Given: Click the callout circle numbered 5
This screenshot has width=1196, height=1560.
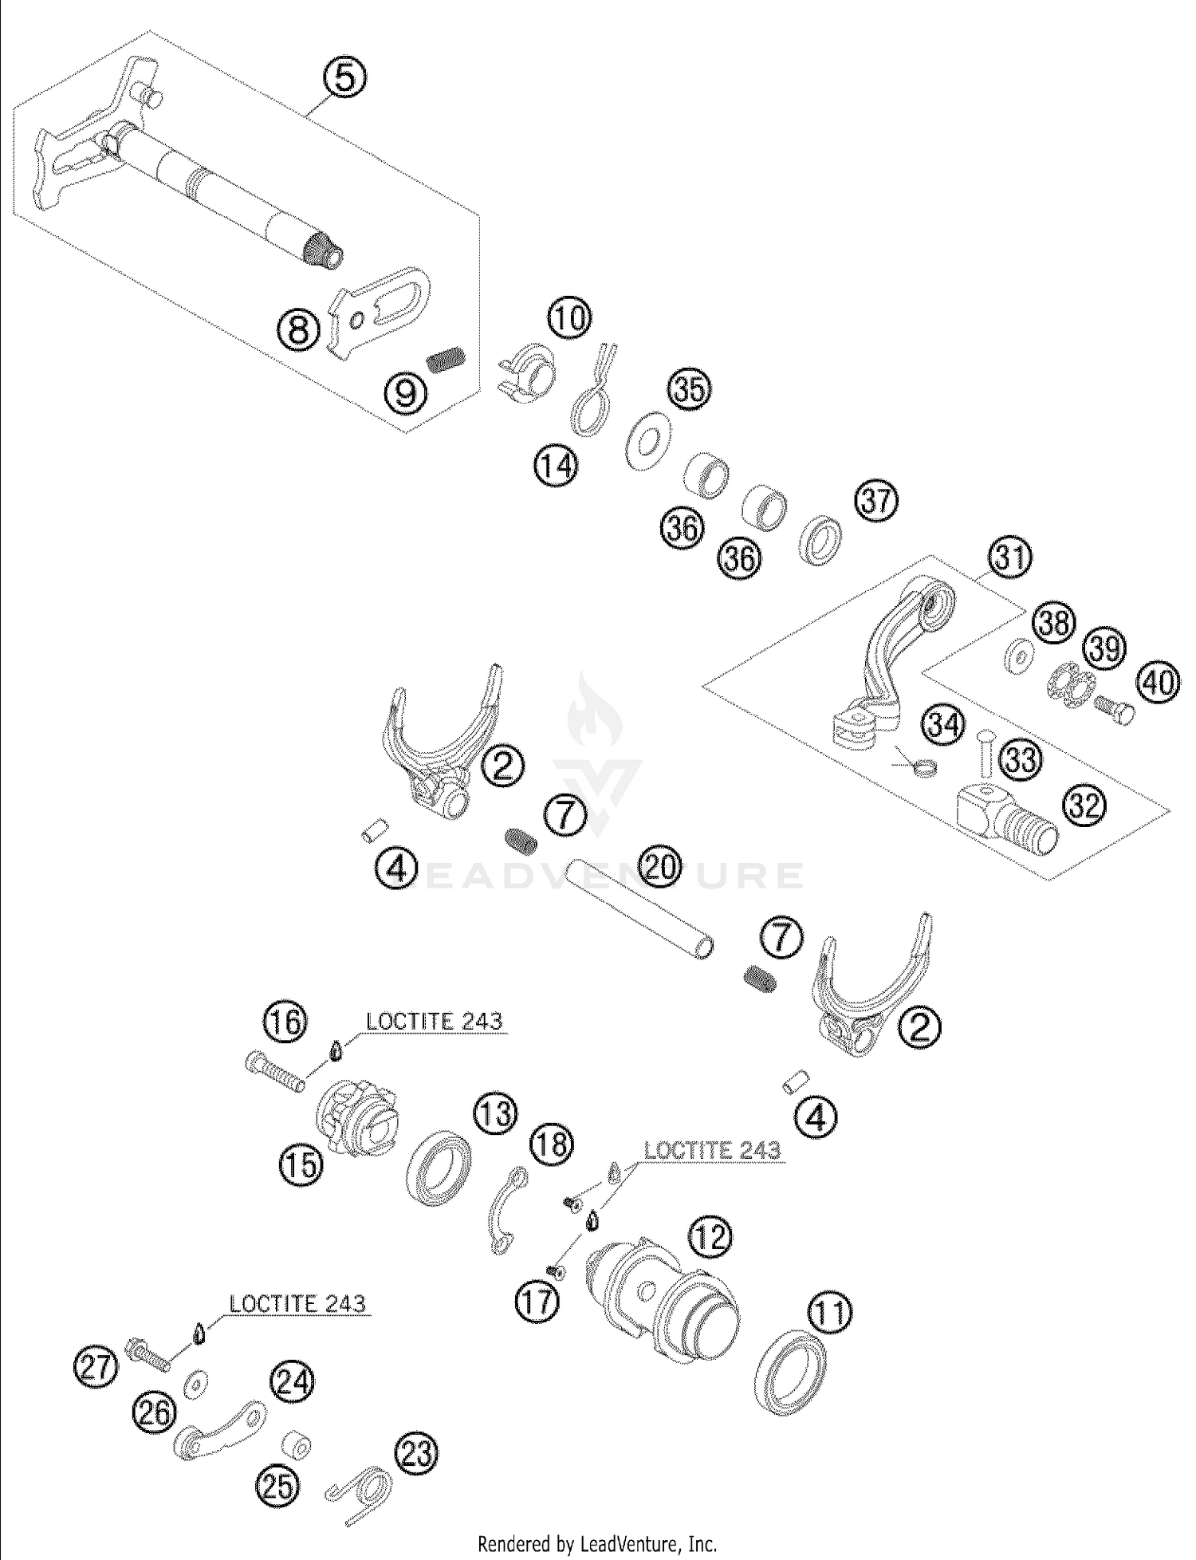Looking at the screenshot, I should coord(344,79).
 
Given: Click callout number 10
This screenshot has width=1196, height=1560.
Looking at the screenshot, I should coord(570,317).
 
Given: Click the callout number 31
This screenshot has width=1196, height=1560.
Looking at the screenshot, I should coord(1011,557).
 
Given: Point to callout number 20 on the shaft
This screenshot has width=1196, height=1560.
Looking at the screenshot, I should coord(660,866).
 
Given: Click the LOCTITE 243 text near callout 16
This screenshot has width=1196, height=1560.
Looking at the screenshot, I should coord(434,1022).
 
